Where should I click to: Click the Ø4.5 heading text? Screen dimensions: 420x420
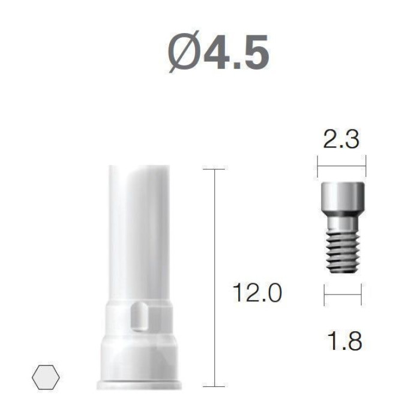coord(218,52)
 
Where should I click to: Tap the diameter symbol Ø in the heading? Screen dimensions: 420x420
coord(185,52)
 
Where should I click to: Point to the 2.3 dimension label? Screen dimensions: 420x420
coord(341,139)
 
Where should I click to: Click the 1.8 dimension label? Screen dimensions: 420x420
coord(344,340)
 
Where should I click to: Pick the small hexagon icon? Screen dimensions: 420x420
coord(46,377)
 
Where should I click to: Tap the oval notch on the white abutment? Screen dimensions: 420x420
coord(139,316)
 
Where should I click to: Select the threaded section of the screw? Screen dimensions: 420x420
coord(343,252)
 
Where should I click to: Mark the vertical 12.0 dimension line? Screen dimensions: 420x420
coord(215,278)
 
